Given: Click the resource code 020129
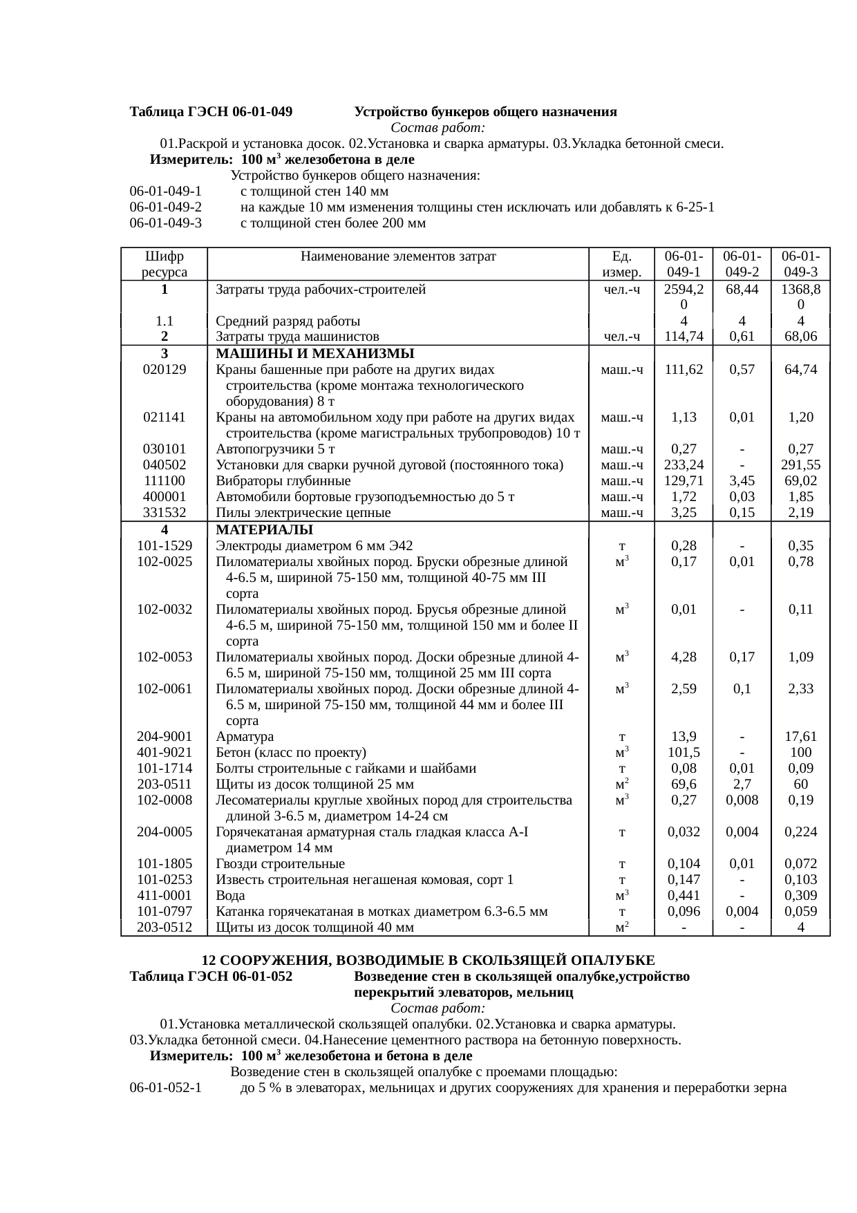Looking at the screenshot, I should coord(164,369).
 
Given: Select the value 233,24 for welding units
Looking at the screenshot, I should coord(684,464).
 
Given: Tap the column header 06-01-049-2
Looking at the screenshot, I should coord(742,264).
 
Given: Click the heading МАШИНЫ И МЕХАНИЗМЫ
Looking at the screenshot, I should coord(314,353).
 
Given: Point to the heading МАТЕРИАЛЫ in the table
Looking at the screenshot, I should coord(265,530).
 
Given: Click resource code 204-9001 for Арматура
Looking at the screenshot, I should coord(164,737).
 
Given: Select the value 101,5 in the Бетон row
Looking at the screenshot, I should coord(684,753).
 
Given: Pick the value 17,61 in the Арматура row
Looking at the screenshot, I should coord(800,737).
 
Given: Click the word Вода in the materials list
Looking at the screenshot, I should coord(230,896).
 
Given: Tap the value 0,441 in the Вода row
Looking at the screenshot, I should coord(684,896).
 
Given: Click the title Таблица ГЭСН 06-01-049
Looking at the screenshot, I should coord(211,112).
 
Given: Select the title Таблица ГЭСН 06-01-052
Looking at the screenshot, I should coord(211,977).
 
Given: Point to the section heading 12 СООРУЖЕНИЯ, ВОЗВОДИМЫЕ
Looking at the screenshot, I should coord(428,961).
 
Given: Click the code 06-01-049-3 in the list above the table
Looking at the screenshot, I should coord(165,223).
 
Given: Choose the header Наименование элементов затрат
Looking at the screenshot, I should coord(398,256).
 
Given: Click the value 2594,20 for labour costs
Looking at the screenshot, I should coord(684,297).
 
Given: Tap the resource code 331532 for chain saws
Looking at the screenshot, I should coord(164,513).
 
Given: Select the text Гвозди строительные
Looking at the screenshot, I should coord(280,864).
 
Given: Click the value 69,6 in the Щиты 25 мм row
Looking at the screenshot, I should coord(684,784).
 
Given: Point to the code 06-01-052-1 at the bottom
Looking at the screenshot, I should coord(165,1089).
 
